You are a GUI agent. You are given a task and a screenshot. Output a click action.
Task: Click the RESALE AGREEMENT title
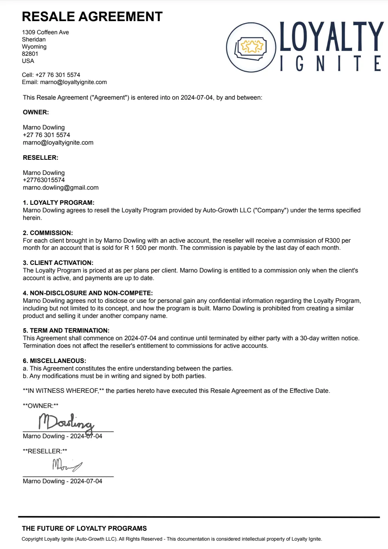tap(92, 17)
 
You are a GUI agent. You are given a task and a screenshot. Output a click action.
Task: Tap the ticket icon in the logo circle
tap(251, 47)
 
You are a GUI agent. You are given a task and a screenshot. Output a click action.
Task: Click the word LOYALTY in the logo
tap(331, 37)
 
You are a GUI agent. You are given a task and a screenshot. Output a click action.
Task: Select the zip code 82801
tap(30, 54)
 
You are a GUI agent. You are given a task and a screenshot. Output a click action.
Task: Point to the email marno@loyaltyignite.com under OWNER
tap(58, 143)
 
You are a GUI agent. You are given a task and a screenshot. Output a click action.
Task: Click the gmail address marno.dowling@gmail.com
tap(61, 188)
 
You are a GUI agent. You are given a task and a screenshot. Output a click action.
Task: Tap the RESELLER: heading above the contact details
tap(41, 158)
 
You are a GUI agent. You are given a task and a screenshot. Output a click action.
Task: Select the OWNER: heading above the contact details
tap(36, 112)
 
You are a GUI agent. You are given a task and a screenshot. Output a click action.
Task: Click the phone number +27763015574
tap(44, 180)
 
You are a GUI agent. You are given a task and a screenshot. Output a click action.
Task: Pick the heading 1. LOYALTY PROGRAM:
tap(59, 203)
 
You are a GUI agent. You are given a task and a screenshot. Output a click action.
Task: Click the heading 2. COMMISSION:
tap(48, 233)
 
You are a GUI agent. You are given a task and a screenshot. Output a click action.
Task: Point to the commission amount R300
tap(332, 241)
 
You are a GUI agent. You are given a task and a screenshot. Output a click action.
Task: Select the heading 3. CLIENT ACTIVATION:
tap(58, 263)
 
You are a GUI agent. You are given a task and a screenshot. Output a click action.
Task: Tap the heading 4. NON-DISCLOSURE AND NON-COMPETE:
tap(88, 293)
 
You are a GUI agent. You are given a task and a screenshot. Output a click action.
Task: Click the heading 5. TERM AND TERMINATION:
tap(66, 331)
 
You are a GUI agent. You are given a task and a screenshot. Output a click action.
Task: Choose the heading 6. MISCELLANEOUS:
tap(55, 361)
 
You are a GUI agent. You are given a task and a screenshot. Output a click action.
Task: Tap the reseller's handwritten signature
tap(67, 465)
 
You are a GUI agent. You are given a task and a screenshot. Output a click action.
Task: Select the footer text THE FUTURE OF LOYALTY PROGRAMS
tap(85, 529)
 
